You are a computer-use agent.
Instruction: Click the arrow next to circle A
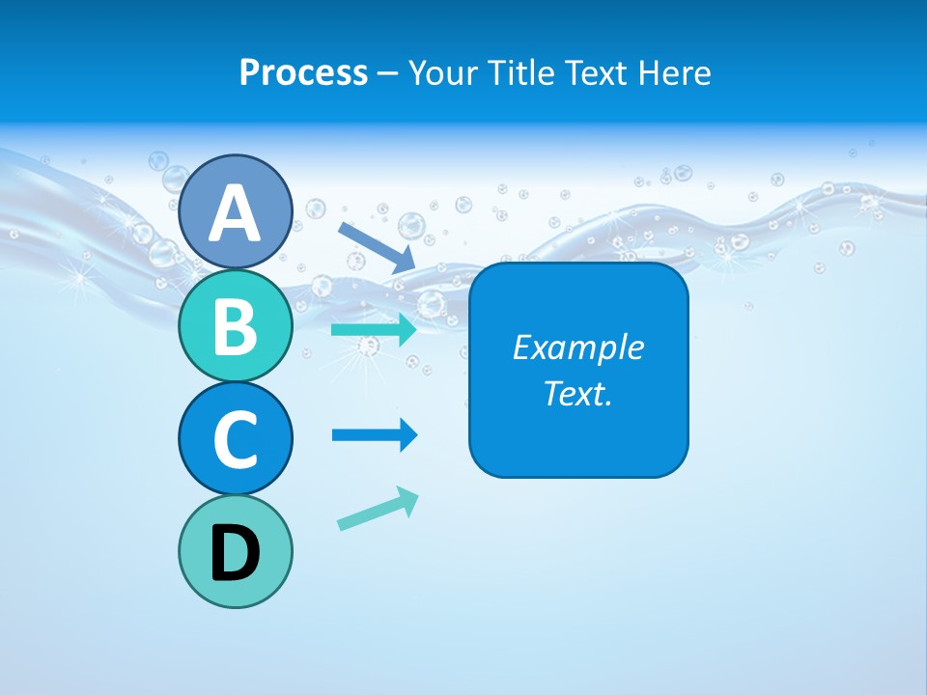click(377, 247)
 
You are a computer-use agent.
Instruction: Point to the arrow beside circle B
click(375, 330)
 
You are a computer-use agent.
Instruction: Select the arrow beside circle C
click(375, 435)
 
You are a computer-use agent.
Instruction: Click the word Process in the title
click(303, 73)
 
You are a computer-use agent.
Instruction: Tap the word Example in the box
click(577, 347)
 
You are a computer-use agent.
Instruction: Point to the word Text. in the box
click(577, 393)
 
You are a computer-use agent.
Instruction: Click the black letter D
click(235, 555)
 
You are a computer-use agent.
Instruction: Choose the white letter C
click(235, 439)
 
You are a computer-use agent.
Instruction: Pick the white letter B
click(235, 326)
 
